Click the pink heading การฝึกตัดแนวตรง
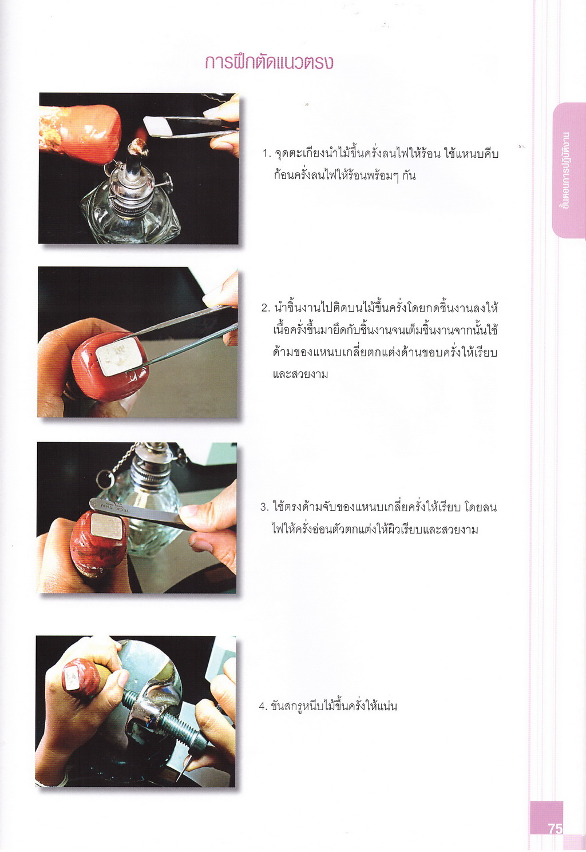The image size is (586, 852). [x=269, y=63]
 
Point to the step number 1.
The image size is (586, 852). [x=266, y=154]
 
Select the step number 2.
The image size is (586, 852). [x=266, y=308]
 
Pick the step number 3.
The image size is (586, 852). [x=265, y=507]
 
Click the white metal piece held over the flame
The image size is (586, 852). [x=157, y=125]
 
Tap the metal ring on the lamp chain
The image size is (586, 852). [x=103, y=479]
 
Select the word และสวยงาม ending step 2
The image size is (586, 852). [x=300, y=375]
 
